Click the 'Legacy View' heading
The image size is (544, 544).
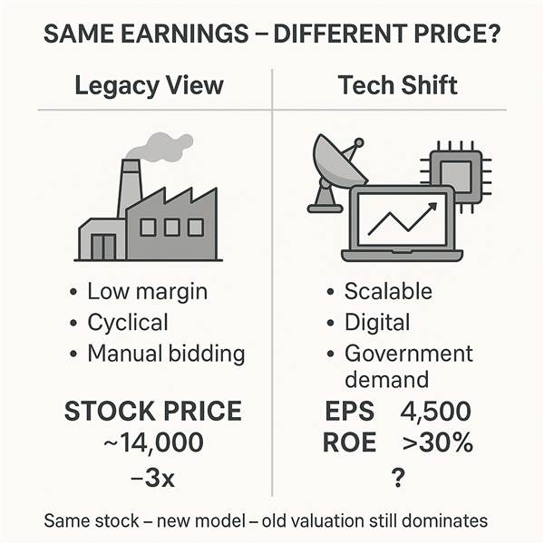click(x=150, y=86)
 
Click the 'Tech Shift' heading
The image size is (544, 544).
click(x=398, y=85)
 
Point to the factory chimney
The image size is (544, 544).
click(x=130, y=188)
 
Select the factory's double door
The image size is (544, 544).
click(x=103, y=247)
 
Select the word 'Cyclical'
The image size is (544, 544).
click(x=128, y=323)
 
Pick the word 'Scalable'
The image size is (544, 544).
click(x=388, y=291)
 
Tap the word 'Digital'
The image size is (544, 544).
click(x=377, y=323)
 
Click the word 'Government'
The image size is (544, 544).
click(x=409, y=354)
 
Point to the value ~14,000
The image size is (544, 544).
click(x=154, y=442)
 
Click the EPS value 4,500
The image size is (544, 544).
click(x=436, y=412)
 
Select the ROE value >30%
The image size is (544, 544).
click(x=438, y=442)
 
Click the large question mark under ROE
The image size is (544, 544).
click(x=398, y=477)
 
